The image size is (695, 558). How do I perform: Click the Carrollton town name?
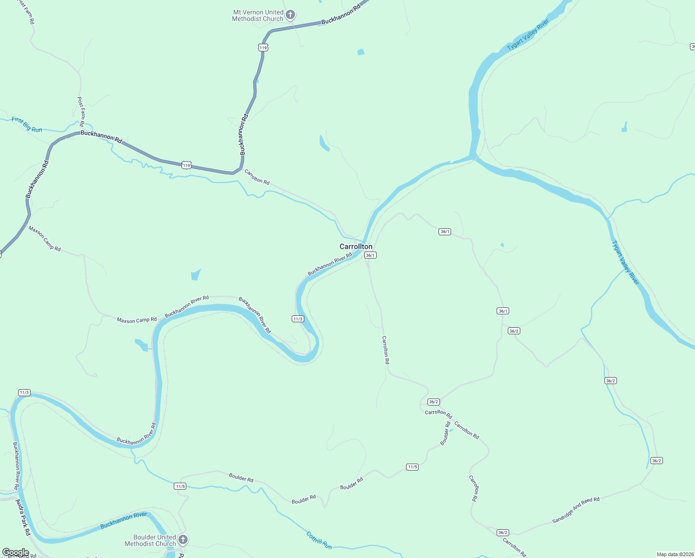pos(356,246)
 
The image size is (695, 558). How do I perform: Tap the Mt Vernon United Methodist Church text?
pos(258,15)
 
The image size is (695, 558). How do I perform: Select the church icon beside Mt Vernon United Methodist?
pos(290,15)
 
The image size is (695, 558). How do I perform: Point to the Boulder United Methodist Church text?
pos(151,540)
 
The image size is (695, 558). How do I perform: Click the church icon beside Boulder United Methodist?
pos(183,539)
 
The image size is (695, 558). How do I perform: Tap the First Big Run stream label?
pos(27,124)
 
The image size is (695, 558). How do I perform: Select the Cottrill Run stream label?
pos(319,540)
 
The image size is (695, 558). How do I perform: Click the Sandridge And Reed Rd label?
pos(576,510)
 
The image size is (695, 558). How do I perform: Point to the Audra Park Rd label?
pos(23,517)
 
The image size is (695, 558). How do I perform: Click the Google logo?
pos(16,552)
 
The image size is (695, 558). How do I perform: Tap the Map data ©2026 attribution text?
pos(675,554)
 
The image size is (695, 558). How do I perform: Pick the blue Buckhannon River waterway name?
pos(124,521)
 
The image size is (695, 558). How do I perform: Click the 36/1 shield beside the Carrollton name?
pos(370,255)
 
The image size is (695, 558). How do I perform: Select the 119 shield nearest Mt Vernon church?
pos(263,47)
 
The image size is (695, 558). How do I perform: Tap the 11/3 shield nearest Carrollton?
pos(298,319)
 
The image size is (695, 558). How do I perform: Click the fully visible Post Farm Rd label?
pos(81,112)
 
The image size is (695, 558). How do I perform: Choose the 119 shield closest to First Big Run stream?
pos(186,166)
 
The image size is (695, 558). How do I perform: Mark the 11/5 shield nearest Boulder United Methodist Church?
pos(180,486)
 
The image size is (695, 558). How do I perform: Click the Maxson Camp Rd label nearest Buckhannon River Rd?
pos(137,320)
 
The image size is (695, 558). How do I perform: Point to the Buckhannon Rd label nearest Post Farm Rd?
pos(101,136)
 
